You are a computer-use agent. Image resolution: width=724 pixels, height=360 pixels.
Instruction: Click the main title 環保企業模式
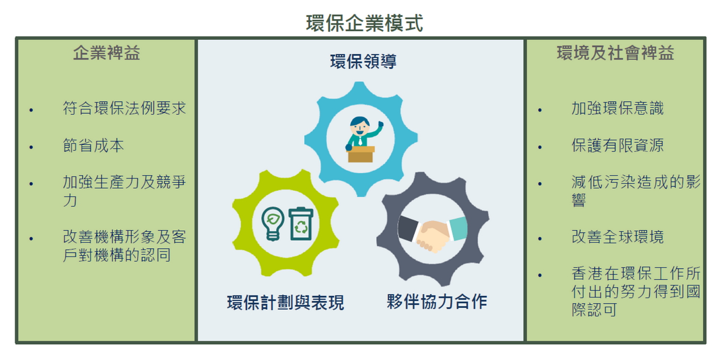[364, 23]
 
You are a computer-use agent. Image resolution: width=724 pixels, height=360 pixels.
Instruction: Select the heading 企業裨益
[107, 53]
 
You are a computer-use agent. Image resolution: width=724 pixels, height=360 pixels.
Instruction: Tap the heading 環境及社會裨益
[615, 53]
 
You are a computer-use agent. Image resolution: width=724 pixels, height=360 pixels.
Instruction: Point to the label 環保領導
[363, 62]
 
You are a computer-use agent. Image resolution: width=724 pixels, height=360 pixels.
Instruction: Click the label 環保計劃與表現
[285, 303]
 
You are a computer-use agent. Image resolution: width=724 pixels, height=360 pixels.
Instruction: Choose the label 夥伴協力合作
[436, 302]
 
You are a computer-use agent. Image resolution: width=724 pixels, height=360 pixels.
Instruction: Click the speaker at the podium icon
[363, 139]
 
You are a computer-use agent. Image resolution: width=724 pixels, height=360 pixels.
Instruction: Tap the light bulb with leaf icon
[273, 223]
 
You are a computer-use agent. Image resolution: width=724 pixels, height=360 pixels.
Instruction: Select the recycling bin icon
[301, 223]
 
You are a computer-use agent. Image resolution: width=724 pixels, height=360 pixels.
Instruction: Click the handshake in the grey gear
[432, 233]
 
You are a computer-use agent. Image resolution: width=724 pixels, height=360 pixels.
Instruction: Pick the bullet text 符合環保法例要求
[125, 108]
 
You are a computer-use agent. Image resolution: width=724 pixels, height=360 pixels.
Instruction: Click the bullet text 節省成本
[94, 145]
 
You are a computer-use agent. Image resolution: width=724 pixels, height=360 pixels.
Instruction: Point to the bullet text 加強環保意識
[617, 108]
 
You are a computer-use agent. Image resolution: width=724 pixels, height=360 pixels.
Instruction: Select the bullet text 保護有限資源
[617, 145]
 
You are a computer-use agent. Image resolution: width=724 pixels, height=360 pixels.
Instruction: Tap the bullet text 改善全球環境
[617, 237]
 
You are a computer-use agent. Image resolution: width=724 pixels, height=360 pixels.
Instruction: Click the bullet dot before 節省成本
[31, 147]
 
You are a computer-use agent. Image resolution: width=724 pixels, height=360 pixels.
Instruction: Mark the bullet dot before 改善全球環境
[540, 239]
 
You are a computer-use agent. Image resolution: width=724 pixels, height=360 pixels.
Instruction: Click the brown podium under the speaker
[360, 154]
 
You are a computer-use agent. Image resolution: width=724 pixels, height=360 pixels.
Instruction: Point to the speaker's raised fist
[381, 124]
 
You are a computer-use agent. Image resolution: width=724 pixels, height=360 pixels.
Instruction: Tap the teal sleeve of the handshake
[457, 228]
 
